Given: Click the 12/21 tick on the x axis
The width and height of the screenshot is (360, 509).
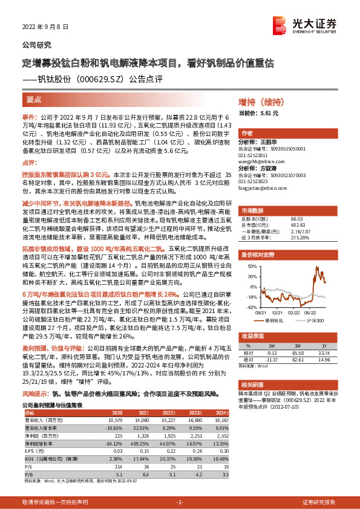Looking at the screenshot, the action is [x=277, y=313].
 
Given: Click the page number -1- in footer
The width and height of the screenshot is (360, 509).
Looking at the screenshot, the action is [x=180, y=502].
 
